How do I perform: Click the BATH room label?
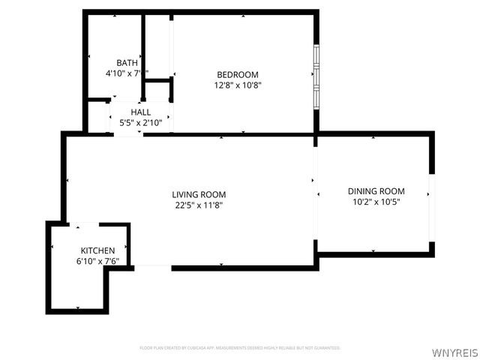(127, 63)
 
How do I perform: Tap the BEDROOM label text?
(238, 74)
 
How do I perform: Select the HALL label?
(140, 112)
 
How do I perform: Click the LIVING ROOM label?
(199, 194)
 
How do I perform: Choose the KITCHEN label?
(97, 250)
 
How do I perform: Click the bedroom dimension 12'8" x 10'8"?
(238, 85)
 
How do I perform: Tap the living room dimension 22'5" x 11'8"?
(199, 205)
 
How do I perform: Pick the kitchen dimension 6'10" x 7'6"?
(97, 261)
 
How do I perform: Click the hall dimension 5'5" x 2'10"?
(140, 122)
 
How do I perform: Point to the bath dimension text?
(127, 73)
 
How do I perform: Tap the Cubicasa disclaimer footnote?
(240, 348)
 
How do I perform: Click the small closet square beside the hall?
(158, 91)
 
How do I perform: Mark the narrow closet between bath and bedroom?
(158, 45)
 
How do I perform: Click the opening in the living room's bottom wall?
(153, 266)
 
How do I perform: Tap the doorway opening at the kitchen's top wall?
(88, 223)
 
